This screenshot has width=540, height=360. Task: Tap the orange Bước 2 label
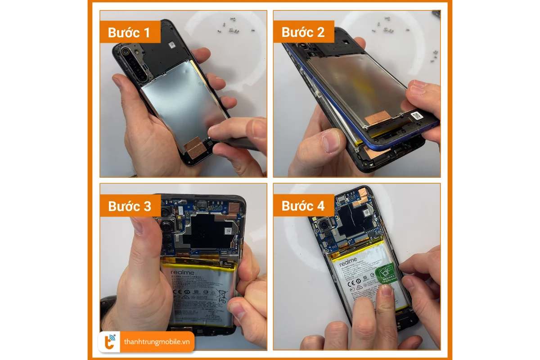pyautogui.click(x=303, y=32)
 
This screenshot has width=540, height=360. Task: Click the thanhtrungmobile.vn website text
pyautogui.click(x=156, y=342)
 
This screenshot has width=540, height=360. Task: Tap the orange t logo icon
pyautogui.click(x=110, y=342)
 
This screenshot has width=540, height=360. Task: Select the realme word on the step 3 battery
pyautogui.click(x=182, y=273)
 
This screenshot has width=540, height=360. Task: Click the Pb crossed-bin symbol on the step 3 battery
pyautogui.click(x=222, y=297)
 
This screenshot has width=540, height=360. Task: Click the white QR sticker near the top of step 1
pyautogui.click(x=172, y=45)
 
